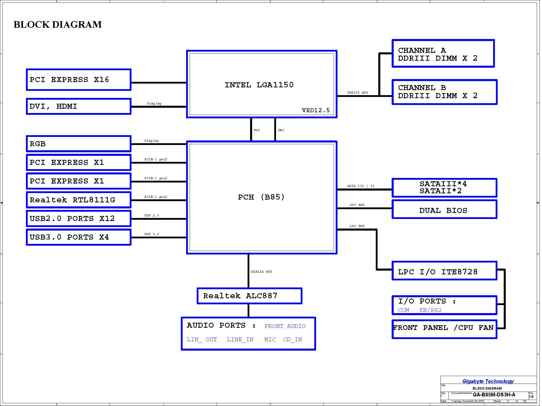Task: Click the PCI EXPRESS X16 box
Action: click(x=79, y=80)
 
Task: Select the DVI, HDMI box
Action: click(x=79, y=106)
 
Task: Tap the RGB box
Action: click(x=79, y=144)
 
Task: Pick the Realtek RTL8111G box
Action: click(x=79, y=200)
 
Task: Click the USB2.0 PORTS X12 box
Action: click(x=79, y=218)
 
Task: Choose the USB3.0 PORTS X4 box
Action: click(x=79, y=237)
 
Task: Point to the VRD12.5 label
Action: click(x=316, y=110)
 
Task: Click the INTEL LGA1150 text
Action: click(x=259, y=85)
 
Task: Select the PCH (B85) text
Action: click(x=261, y=197)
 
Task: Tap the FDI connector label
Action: click(x=257, y=130)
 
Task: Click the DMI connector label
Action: click(x=281, y=130)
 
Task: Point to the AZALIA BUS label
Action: click(x=261, y=272)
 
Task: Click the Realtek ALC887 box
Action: click(x=249, y=296)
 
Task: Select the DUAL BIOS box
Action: click(x=445, y=209)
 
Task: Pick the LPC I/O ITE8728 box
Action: click(x=445, y=271)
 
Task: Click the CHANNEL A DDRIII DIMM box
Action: click(x=443, y=53)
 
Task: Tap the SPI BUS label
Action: click(x=357, y=205)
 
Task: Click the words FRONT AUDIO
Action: click(x=285, y=326)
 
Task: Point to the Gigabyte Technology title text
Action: click(x=488, y=381)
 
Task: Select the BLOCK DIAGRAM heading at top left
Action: click(x=58, y=24)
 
